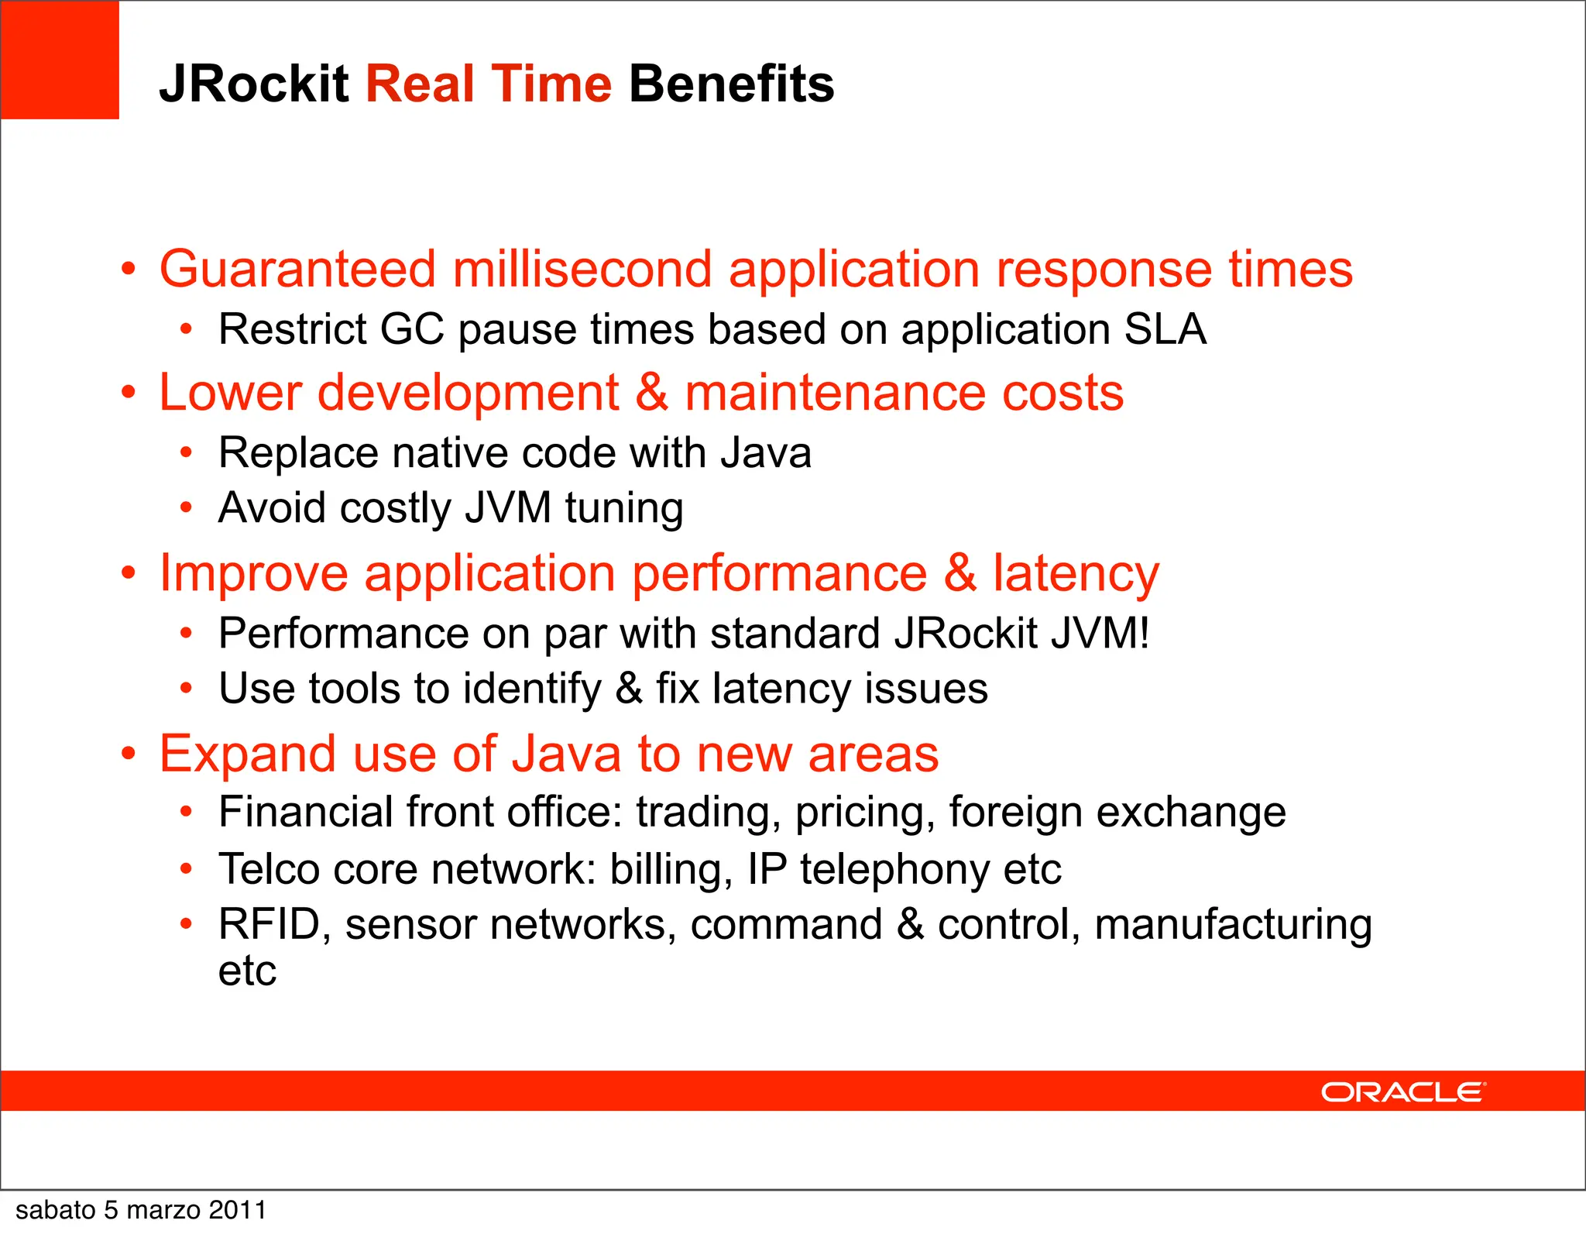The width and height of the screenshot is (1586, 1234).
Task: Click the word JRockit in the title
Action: point(254,84)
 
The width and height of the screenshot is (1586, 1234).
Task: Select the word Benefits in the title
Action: point(731,84)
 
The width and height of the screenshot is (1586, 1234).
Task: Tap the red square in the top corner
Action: point(60,60)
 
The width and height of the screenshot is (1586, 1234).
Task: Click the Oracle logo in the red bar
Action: point(1402,1092)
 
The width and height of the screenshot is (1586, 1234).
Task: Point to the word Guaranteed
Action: point(297,270)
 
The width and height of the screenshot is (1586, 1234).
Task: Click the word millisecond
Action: point(582,270)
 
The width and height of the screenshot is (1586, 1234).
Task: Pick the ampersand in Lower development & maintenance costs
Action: point(651,392)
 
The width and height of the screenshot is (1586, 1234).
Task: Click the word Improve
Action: point(254,574)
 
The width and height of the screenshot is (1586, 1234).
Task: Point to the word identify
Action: point(531,689)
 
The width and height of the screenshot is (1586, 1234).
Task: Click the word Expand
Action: point(248,754)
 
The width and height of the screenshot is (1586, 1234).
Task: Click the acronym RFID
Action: point(269,924)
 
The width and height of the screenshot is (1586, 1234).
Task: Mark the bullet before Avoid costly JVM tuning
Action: point(186,508)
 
